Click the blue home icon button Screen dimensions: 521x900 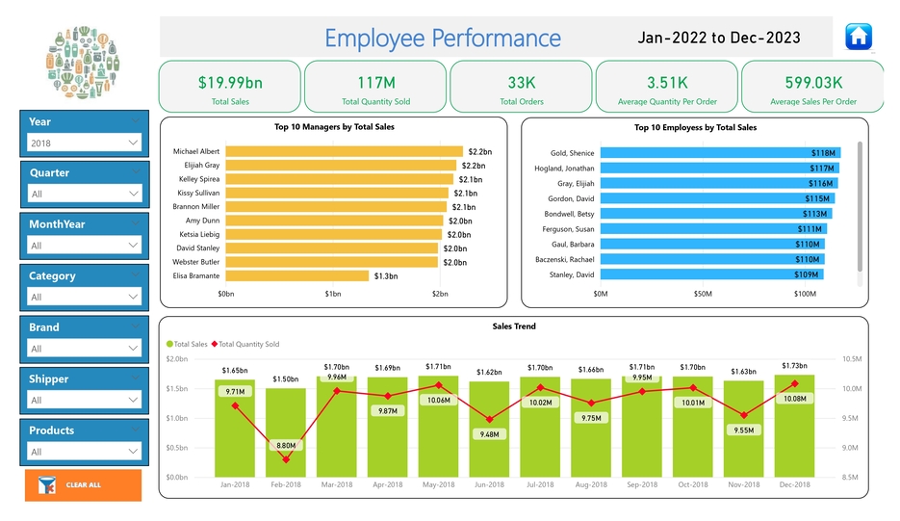[858, 37]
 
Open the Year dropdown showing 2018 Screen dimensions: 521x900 [84, 143]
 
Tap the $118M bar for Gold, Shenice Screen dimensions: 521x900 [720, 153]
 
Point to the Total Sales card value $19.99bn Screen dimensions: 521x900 [230, 83]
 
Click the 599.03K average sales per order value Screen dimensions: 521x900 [813, 83]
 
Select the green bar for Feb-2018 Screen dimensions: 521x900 [286, 432]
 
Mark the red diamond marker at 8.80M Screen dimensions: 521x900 [286, 459]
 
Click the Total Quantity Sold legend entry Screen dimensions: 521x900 [248, 344]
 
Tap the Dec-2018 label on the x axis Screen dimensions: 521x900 [794, 484]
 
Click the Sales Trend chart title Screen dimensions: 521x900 [514, 326]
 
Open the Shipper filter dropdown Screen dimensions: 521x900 [84, 400]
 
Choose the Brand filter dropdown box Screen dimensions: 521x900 [84, 349]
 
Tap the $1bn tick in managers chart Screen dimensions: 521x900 [333, 294]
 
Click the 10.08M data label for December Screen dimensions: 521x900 [794, 399]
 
